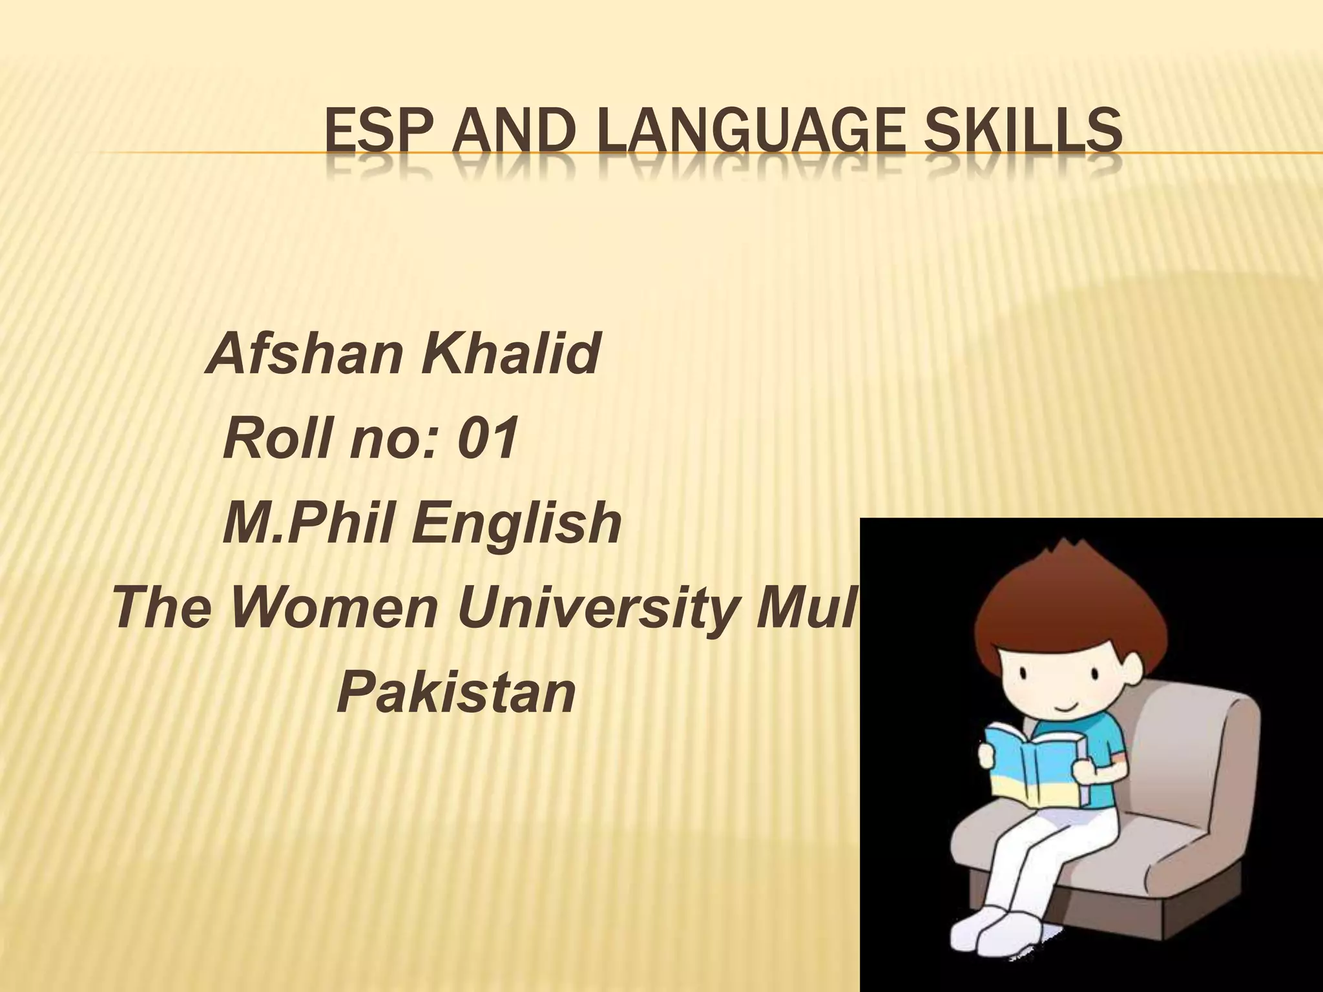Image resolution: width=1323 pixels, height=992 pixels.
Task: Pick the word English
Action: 517,524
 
